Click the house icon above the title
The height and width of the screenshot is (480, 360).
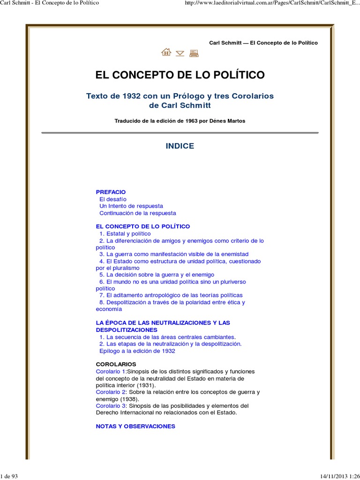[166, 52]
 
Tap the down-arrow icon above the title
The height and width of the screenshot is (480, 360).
[180, 53]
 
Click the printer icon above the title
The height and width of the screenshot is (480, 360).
[194, 53]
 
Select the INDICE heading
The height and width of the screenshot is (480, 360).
[180, 146]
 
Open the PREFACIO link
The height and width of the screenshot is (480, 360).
[111, 192]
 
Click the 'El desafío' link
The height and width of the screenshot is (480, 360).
[113, 199]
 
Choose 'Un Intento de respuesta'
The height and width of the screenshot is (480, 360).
[131, 206]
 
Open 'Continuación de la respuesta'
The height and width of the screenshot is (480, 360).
[137, 213]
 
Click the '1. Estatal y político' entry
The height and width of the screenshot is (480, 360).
[125, 233]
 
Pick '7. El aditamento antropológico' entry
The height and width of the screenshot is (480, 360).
[171, 295]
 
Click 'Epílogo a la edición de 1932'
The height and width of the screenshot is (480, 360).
[137, 351]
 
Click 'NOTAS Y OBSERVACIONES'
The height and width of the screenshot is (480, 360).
[135, 426]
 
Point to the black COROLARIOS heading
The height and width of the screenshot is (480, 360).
[116, 364]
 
